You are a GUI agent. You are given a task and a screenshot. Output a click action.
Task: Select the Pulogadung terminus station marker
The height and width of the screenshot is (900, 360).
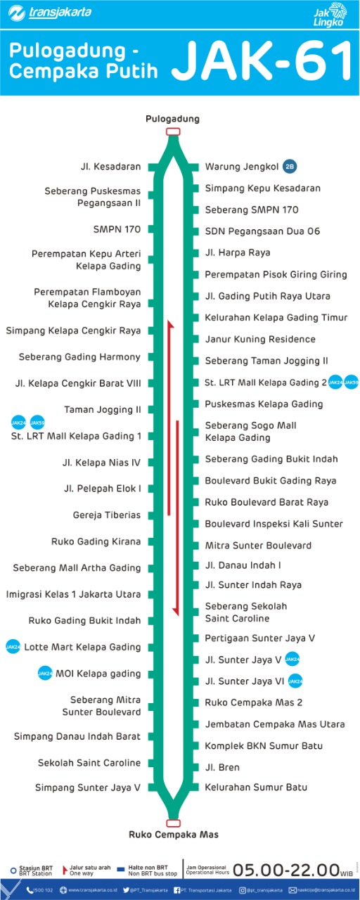click(173, 131)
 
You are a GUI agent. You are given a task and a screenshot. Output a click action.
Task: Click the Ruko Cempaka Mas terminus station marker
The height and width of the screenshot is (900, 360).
click(173, 823)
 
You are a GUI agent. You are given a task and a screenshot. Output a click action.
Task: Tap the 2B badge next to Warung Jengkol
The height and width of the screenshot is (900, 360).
click(290, 167)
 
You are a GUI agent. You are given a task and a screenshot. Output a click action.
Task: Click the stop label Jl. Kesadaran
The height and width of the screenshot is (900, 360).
click(111, 167)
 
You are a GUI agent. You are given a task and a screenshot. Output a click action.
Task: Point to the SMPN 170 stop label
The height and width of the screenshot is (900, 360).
click(117, 229)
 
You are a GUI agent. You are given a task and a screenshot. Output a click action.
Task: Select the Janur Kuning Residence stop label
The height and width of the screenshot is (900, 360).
click(260, 339)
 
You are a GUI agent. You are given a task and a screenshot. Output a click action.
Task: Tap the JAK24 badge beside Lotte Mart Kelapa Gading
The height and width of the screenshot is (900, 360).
click(13, 647)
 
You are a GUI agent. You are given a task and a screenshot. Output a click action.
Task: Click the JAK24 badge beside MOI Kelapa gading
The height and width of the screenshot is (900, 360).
click(45, 674)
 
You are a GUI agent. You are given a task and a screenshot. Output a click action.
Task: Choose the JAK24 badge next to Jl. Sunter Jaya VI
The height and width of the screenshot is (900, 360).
click(295, 681)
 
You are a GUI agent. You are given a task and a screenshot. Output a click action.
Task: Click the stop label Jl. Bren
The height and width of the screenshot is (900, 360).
click(222, 767)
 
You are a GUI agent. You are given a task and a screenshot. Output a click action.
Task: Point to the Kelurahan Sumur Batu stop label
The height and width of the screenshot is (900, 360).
click(256, 787)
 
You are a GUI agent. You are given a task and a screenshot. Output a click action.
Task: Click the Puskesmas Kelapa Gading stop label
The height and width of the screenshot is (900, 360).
click(264, 404)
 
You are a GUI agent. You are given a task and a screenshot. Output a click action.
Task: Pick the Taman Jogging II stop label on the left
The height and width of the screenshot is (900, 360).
click(103, 409)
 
